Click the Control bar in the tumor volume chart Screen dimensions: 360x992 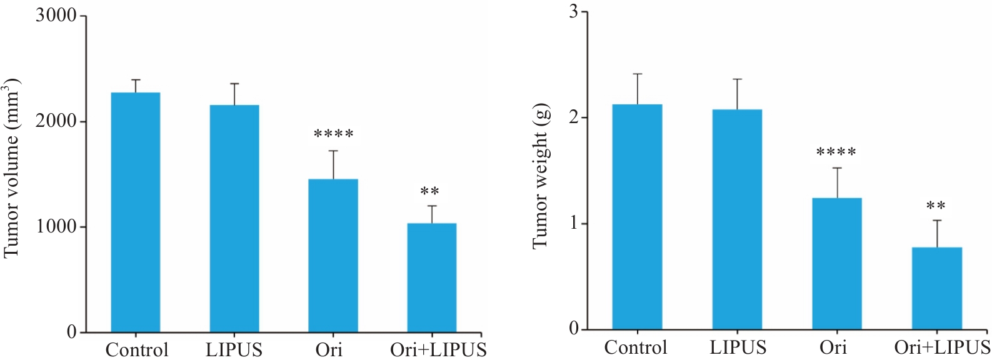(135, 212)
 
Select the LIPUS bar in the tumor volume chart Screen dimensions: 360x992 (234, 219)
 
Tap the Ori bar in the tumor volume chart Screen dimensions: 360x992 (333, 256)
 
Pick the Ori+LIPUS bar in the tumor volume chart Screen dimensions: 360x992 (431, 277)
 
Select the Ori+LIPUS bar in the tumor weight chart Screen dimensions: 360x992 (936, 288)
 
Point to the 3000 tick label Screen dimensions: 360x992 (56, 16)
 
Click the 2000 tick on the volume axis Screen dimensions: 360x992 (56, 121)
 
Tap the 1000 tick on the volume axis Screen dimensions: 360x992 (56, 227)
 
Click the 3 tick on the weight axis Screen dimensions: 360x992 (574, 12)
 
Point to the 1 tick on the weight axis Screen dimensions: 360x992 (574, 224)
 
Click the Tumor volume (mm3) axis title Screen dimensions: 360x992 (13, 169)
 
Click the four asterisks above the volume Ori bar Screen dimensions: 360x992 (333, 134)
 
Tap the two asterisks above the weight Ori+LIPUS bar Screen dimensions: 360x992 (936, 206)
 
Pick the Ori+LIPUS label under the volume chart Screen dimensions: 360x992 (438, 349)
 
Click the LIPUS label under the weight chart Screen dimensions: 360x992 (738, 346)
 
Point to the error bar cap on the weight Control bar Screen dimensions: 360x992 (638, 74)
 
